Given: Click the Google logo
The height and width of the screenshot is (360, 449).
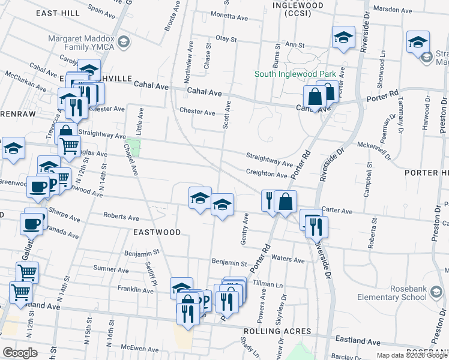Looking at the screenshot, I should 20,352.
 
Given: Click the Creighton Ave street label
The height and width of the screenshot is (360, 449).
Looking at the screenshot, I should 267,175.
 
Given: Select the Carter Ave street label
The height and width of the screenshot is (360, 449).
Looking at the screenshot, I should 337,211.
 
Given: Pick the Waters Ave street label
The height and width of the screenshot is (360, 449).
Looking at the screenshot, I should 288,260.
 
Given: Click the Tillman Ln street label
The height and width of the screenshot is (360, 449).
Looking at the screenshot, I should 267,283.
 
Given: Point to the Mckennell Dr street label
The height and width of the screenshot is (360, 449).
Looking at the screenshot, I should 374,145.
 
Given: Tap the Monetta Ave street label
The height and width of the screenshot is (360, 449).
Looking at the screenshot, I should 229,18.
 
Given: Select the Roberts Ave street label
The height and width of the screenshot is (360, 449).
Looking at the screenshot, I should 121,217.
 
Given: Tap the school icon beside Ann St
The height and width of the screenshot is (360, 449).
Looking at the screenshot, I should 343,37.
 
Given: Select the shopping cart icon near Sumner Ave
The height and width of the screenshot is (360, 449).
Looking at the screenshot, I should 27,272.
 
